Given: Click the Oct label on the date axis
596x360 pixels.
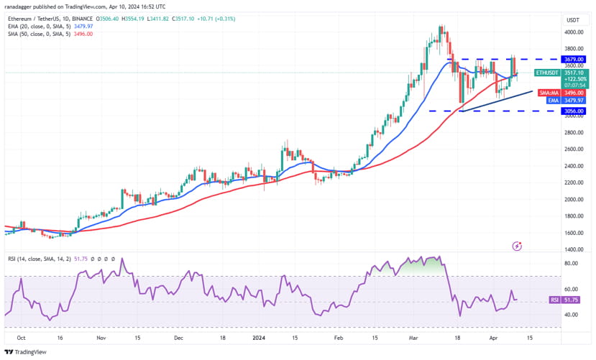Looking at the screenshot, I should tap(21, 337).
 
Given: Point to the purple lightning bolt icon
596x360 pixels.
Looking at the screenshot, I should tap(516, 246).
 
